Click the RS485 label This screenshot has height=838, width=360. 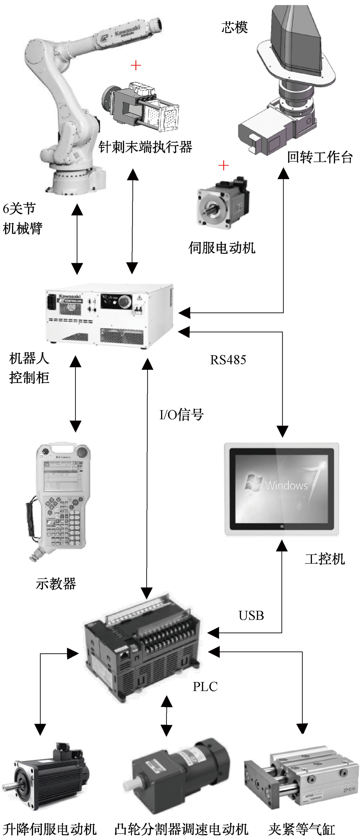(228, 360)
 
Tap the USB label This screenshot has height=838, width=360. (251, 615)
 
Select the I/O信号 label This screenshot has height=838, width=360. (181, 415)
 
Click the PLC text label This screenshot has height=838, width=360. (205, 687)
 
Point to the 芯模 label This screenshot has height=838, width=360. (234, 27)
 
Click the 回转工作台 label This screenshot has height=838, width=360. (320, 157)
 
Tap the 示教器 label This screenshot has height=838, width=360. (56, 584)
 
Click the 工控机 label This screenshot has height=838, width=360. (324, 559)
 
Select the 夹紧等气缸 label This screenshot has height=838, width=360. (301, 829)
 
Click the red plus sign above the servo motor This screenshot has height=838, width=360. (223, 166)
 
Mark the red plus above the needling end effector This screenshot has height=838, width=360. (136, 66)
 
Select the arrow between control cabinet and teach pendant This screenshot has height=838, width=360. (75, 394)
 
